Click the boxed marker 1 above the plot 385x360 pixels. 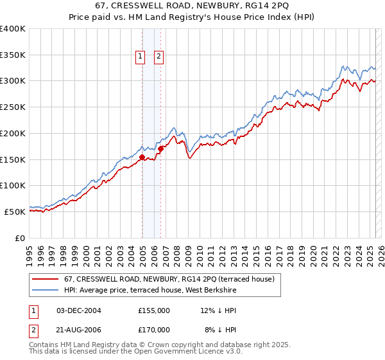pyautogui.click(x=140, y=57)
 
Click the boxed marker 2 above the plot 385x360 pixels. pyautogui.click(x=158, y=57)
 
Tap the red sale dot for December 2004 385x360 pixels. pyautogui.click(x=142, y=156)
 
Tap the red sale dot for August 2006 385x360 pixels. pyautogui.click(x=161, y=148)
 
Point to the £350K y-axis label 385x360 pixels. pyautogui.click(x=12, y=55)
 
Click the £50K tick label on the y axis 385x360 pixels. pyautogui.click(x=15, y=212)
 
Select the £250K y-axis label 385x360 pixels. pyautogui.click(x=12, y=107)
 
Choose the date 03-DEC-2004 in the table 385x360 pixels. pyautogui.click(x=78, y=310)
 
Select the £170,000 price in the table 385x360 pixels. pyautogui.click(x=154, y=329)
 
